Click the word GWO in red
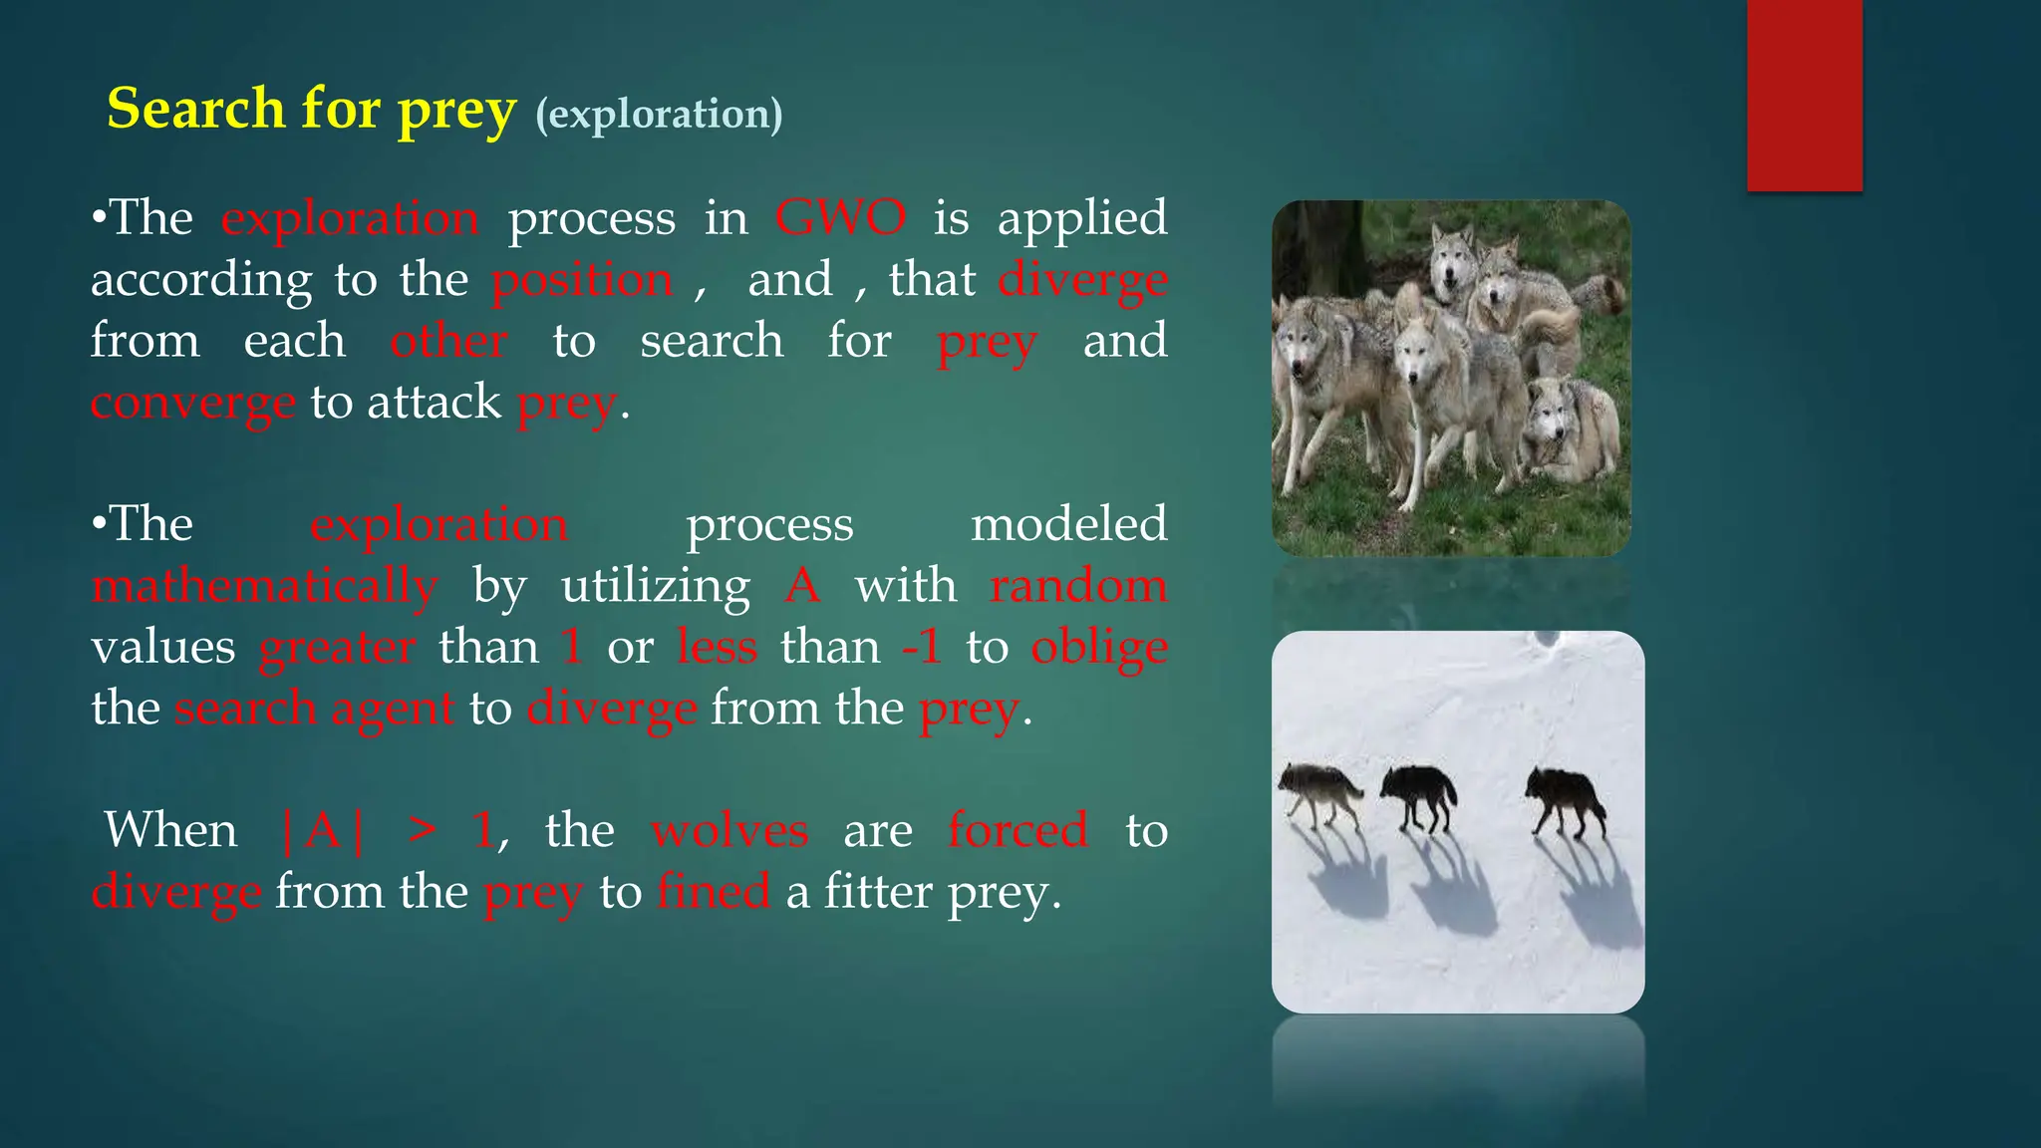(840, 217)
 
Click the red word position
(582, 280)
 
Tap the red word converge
(192, 403)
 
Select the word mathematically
(264, 586)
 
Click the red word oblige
(1098, 648)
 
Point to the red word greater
(337, 648)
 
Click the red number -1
(921, 648)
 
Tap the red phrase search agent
(314, 709)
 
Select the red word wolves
(729, 830)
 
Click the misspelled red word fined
(714, 891)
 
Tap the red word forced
(1018, 830)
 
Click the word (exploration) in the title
(659, 114)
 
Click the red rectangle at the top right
(1804, 95)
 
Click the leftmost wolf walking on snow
(1319, 792)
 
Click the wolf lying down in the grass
(1570, 433)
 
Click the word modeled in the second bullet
(1068, 524)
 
